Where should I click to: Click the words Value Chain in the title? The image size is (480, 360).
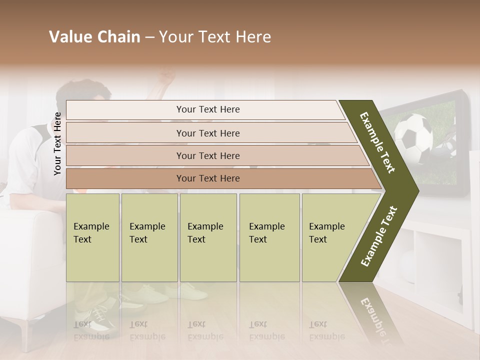point(94,37)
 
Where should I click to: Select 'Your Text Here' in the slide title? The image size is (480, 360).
point(215,37)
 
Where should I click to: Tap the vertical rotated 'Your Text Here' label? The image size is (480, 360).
point(57,143)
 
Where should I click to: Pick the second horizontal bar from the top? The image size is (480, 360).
point(208,133)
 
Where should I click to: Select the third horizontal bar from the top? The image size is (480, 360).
point(208,155)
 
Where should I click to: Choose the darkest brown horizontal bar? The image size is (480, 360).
point(208,178)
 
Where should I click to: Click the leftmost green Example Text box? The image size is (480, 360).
point(92,237)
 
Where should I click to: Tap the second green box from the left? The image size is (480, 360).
point(149,237)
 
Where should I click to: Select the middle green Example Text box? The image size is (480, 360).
point(208,237)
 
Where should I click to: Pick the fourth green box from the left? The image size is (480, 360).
point(269,237)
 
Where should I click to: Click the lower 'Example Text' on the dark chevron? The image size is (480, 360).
point(379,236)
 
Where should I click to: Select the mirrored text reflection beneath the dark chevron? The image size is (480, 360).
point(372,315)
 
